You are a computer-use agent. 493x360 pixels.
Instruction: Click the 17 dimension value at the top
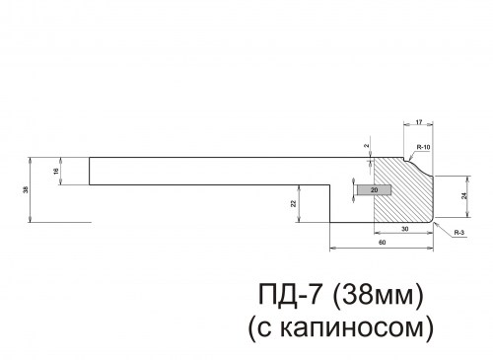[419, 121]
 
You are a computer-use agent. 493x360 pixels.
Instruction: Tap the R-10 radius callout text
[424, 147]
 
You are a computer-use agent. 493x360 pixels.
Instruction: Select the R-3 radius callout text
[459, 232]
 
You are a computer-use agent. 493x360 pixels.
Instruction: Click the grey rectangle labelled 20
[375, 189]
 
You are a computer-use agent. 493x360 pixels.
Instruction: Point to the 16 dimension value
[56, 171]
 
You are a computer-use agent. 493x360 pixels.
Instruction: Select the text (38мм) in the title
[379, 295]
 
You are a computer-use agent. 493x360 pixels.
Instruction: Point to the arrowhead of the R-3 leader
[435, 222]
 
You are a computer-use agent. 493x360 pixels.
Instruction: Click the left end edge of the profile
[90, 171]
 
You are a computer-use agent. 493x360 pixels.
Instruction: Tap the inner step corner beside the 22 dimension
[328, 184]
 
